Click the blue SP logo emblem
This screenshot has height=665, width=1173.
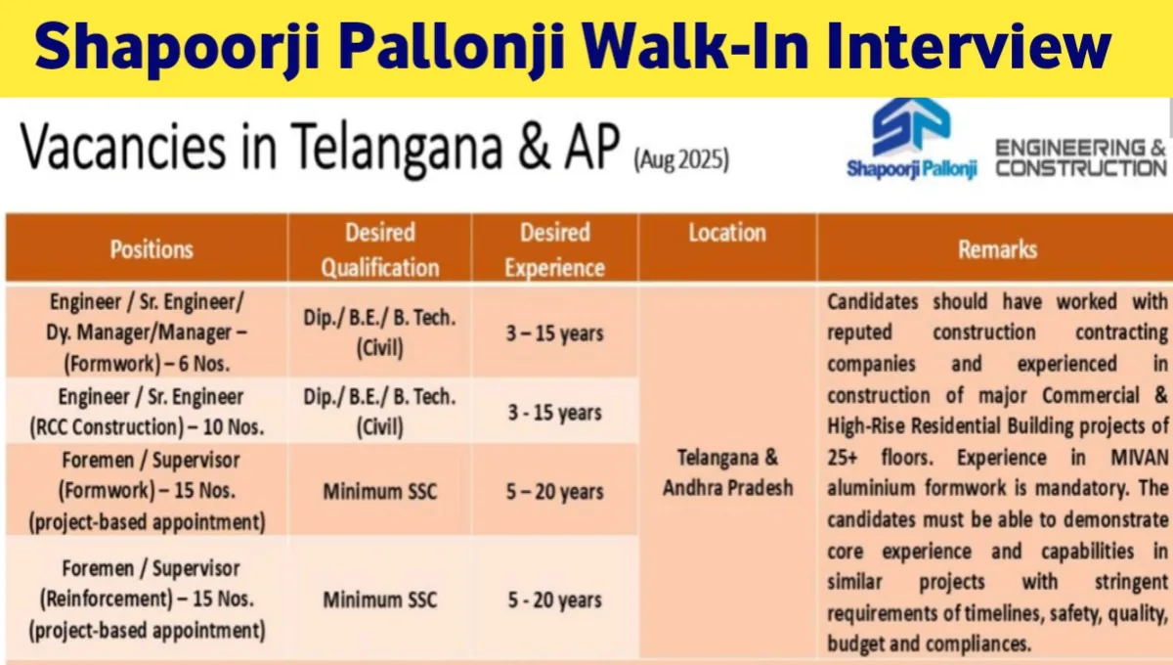(x=911, y=127)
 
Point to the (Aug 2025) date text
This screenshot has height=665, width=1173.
(x=681, y=159)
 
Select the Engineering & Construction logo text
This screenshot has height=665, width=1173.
(x=1081, y=157)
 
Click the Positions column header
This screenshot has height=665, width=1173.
(x=152, y=249)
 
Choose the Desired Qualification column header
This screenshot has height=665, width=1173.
(x=380, y=250)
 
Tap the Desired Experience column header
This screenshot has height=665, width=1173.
(x=555, y=250)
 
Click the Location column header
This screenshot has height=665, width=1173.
(x=727, y=233)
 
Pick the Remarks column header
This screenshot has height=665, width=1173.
(x=998, y=249)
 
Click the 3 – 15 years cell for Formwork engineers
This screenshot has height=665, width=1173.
(x=555, y=333)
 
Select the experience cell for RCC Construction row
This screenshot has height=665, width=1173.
(x=555, y=413)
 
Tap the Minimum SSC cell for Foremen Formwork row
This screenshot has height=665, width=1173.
(x=380, y=492)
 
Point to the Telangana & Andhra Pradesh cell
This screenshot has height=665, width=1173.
(x=728, y=472)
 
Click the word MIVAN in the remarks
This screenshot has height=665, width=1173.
(x=1140, y=458)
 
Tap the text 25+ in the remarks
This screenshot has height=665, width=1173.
(x=842, y=458)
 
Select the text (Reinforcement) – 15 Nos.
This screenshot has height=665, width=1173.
(x=148, y=598)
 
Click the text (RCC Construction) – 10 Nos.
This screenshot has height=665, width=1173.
(x=147, y=427)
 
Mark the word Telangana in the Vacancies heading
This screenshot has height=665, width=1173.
(x=397, y=148)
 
